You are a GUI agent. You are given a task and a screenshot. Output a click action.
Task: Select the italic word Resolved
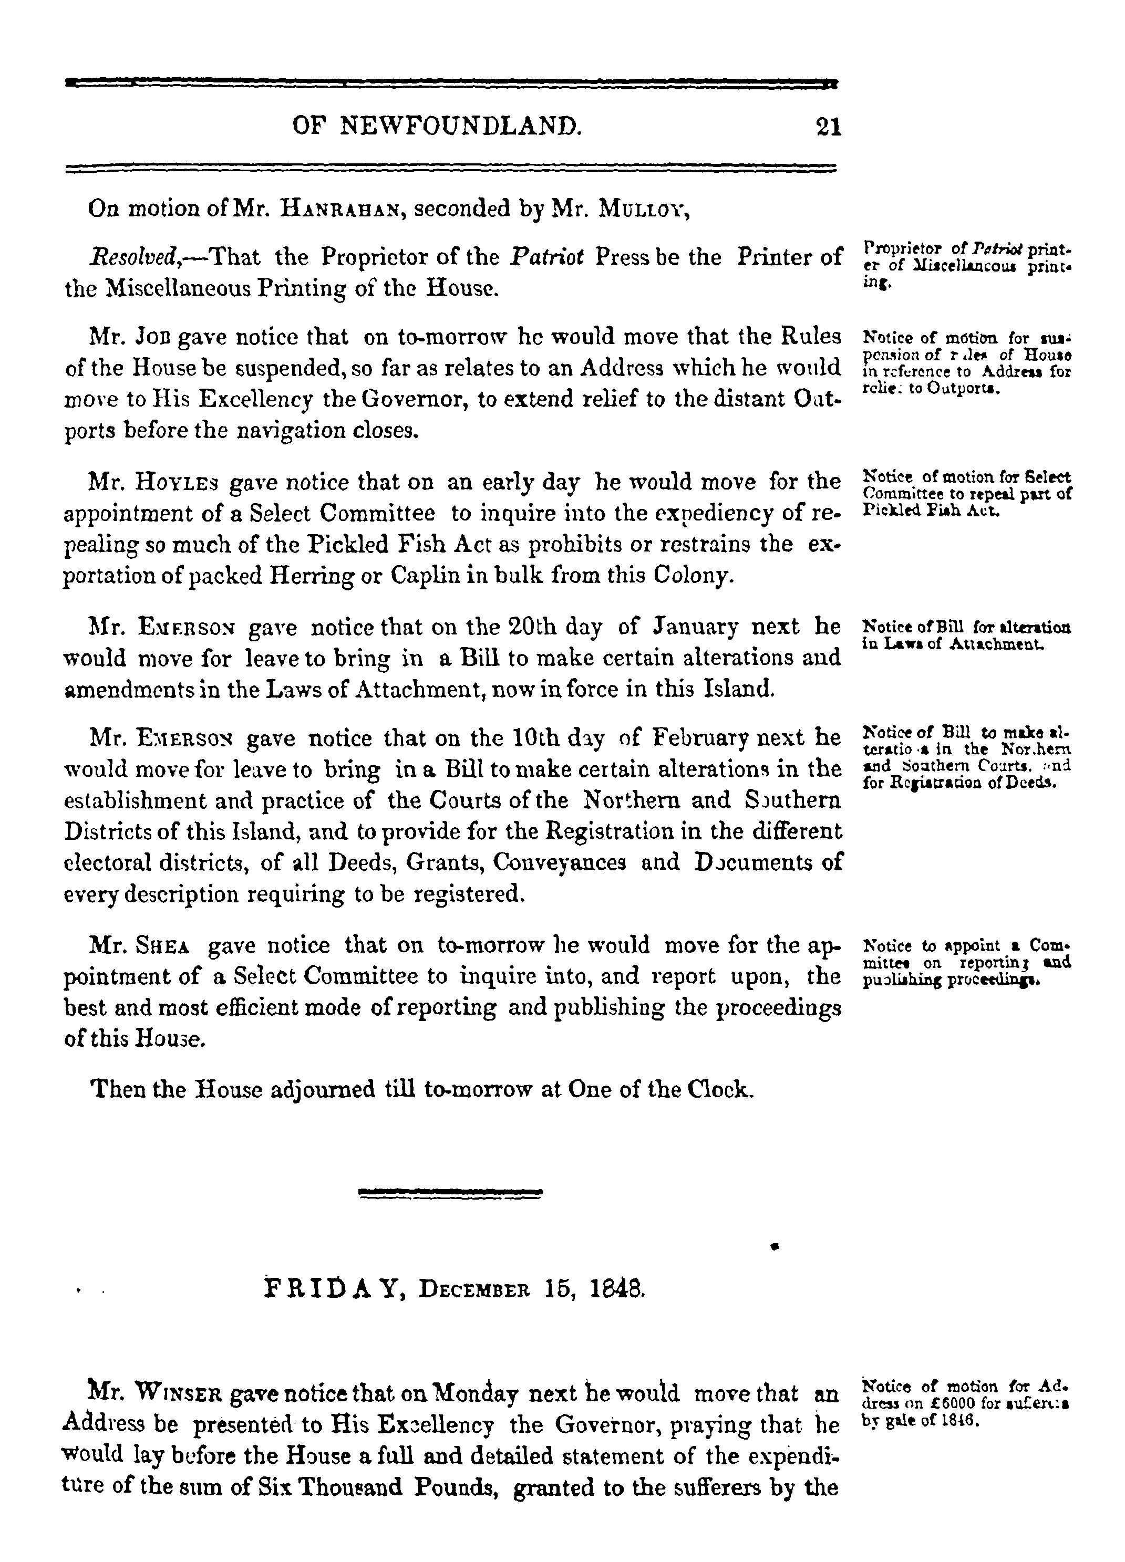tap(135, 257)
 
